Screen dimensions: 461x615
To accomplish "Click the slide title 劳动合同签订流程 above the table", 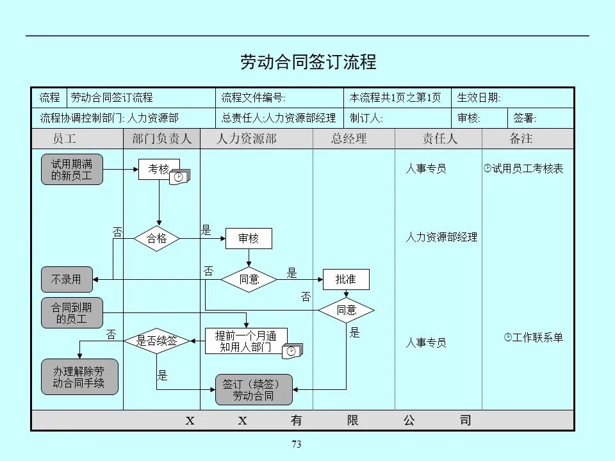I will tap(308, 62).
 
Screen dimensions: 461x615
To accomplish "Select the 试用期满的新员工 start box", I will tap(72, 170).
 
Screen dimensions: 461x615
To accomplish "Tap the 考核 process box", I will tap(159, 169).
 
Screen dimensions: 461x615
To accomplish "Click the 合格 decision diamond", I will tap(157, 239).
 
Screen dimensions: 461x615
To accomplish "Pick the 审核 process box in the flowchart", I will tap(249, 239).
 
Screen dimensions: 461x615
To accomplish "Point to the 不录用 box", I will tap(67, 279).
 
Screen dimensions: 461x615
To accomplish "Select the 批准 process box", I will tap(345, 279).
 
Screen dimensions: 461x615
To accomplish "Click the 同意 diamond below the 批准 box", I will tap(346, 311).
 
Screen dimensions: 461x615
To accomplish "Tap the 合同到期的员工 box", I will tap(72, 313).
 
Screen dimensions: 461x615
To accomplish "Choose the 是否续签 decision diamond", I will tap(157, 341).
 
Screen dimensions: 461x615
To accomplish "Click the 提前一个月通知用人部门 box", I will tap(246, 341).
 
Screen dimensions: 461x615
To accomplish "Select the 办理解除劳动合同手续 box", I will tap(79, 377).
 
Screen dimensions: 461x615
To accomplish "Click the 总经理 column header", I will tap(349, 139).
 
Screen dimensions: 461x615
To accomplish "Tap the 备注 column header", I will tap(521, 139).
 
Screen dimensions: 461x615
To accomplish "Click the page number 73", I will tap(296, 444).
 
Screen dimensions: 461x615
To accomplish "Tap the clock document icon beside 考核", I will tap(180, 177).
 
